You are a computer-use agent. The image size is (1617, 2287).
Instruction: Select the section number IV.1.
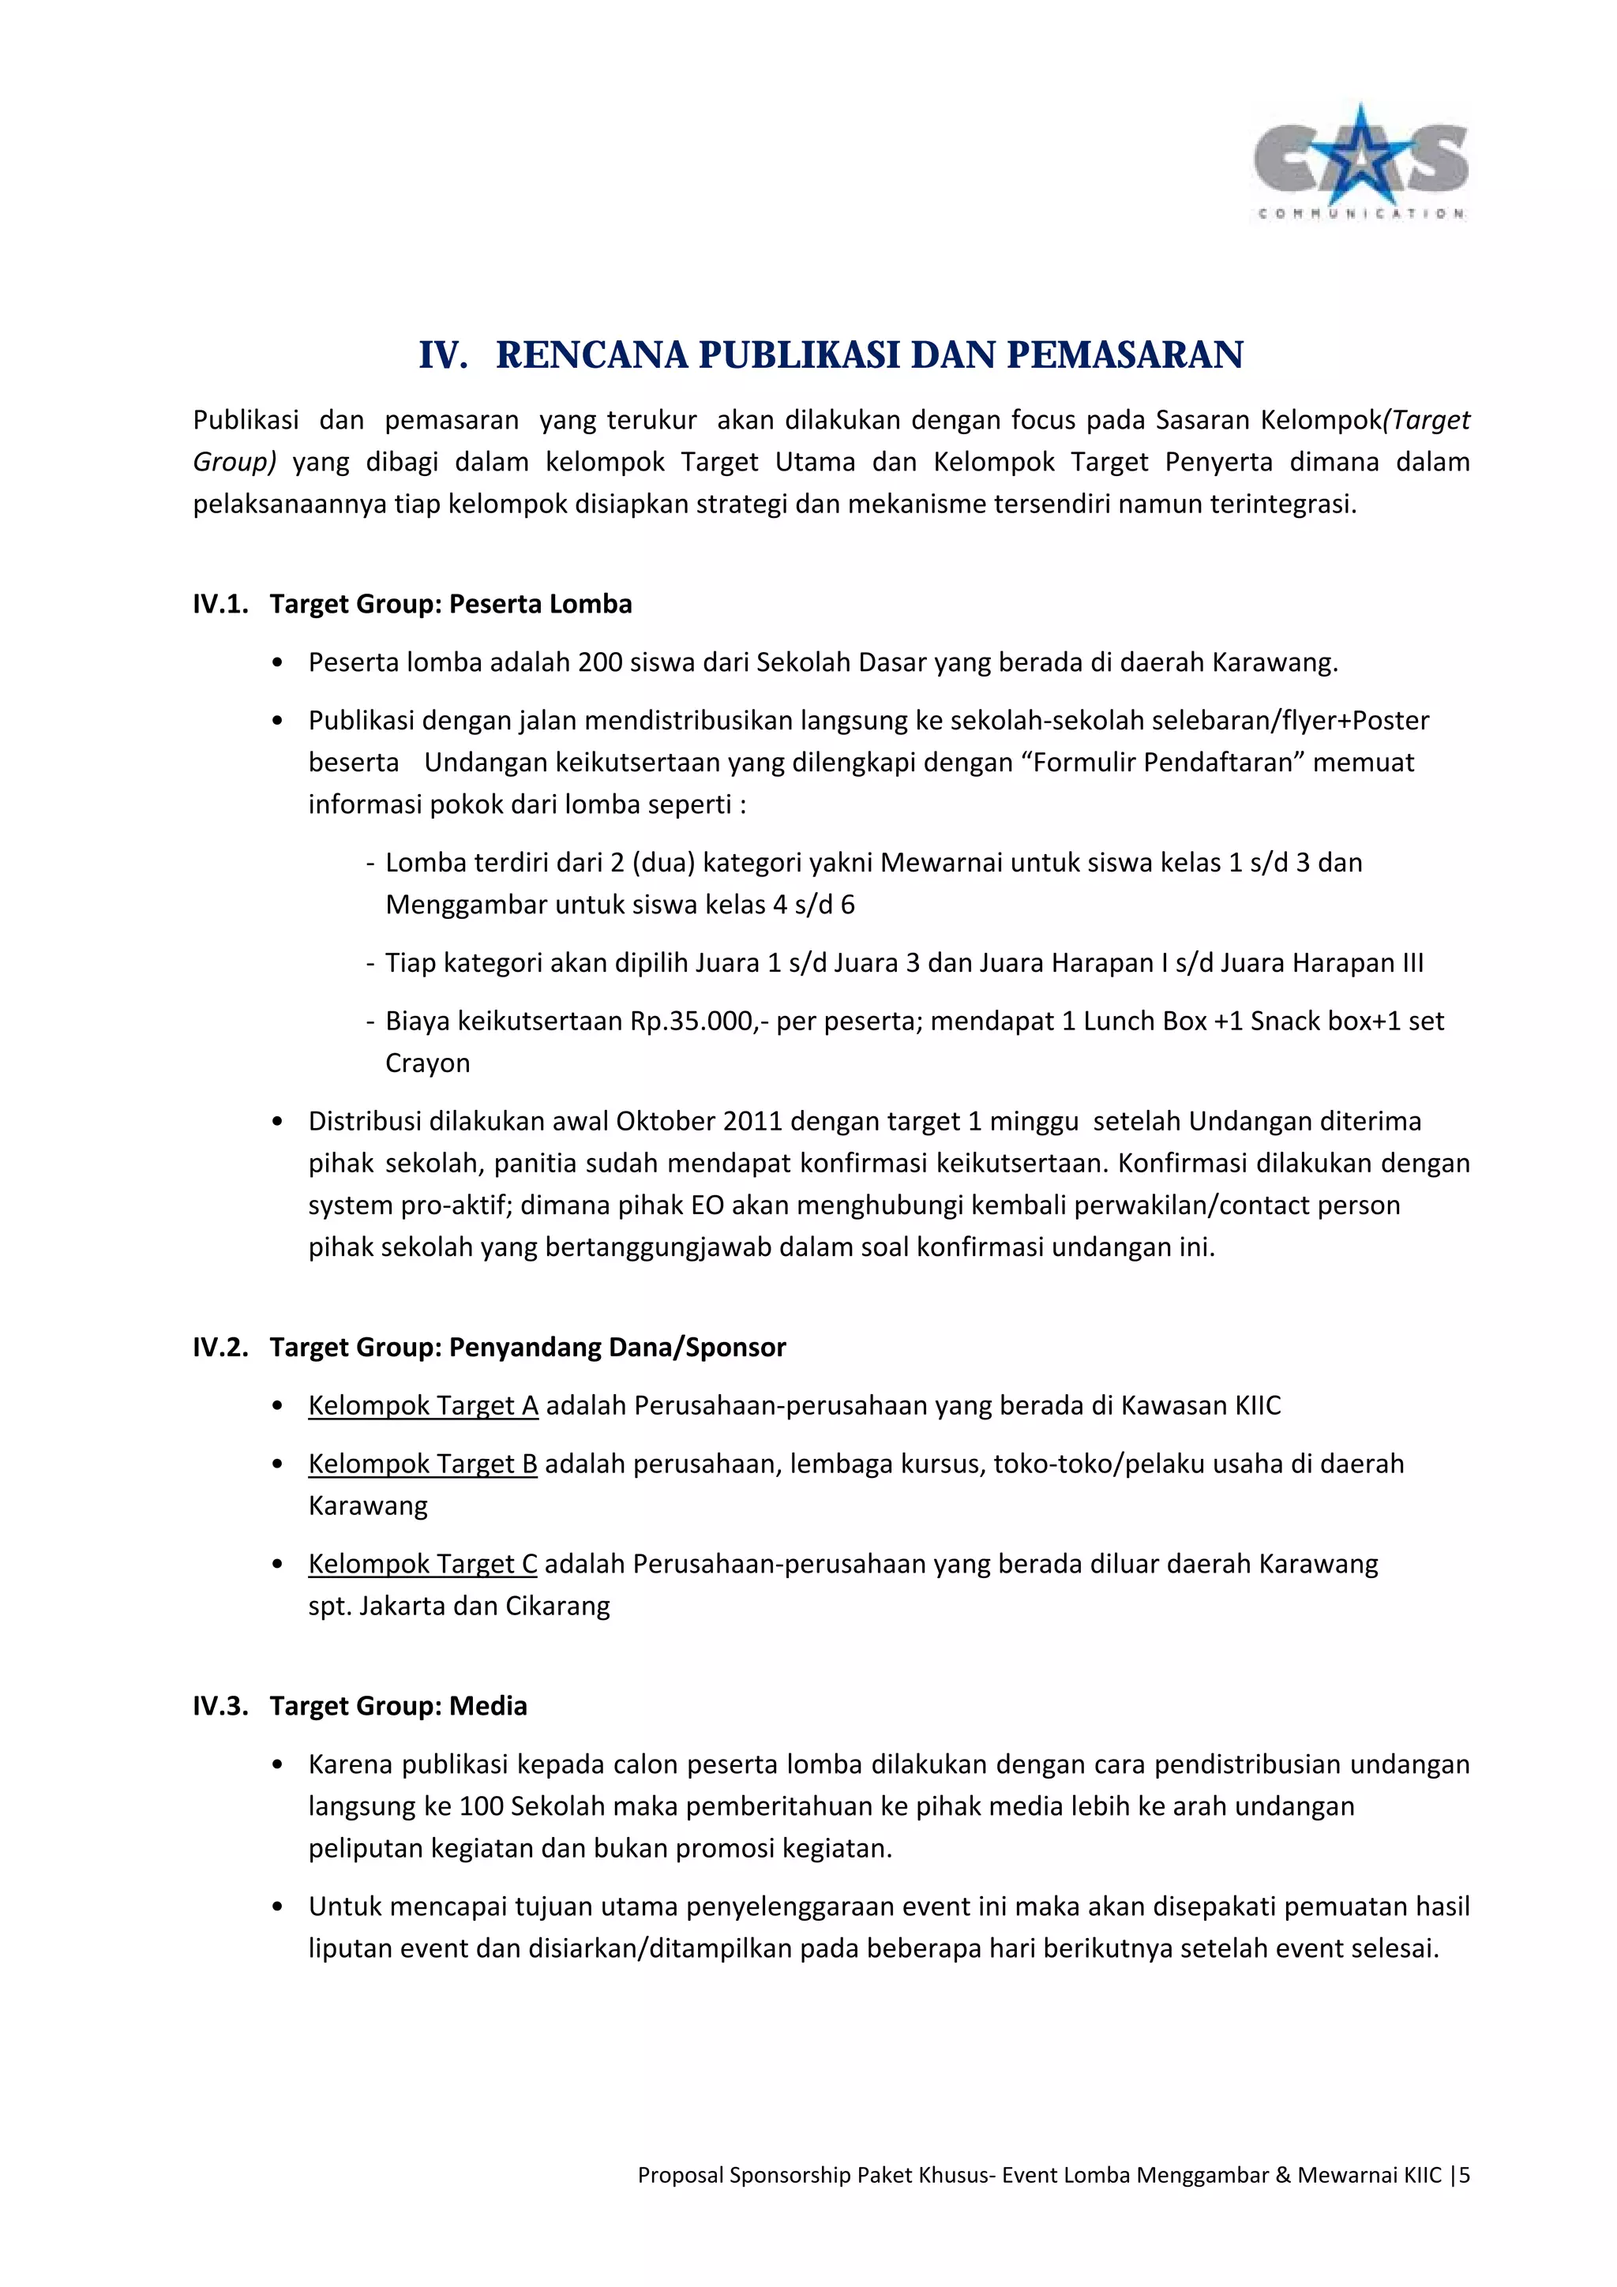(x=220, y=605)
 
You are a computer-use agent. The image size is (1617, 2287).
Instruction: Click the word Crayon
(x=427, y=1064)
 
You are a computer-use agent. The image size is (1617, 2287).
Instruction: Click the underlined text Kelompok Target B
(x=422, y=1464)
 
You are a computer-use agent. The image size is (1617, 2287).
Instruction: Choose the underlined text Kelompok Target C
(x=422, y=1564)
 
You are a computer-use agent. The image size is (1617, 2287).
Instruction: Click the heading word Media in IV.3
(x=488, y=1706)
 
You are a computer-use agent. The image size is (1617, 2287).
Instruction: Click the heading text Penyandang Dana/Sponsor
(x=617, y=1348)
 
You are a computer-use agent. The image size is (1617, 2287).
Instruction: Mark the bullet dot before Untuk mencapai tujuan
(x=278, y=1907)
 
